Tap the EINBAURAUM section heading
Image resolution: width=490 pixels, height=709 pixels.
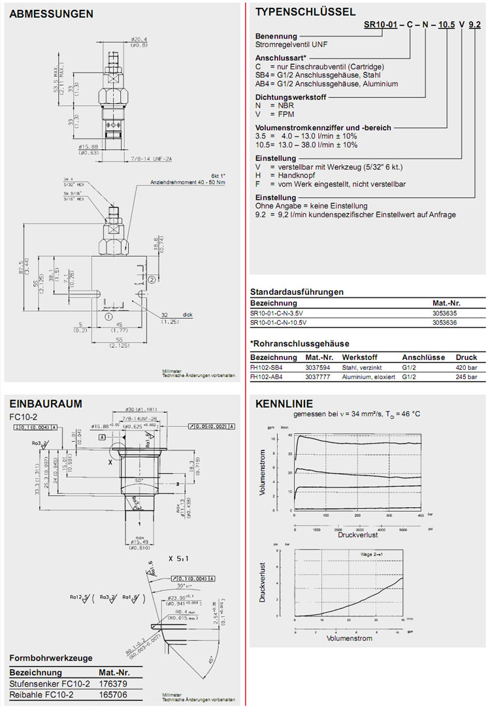tap(46, 404)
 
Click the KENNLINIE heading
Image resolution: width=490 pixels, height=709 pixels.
tap(284, 404)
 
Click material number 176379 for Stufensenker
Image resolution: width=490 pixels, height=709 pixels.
tap(112, 683)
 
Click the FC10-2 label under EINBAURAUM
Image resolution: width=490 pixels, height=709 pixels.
tap(23, 416)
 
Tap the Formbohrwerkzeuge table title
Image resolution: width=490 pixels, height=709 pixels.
tap(50, 658)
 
